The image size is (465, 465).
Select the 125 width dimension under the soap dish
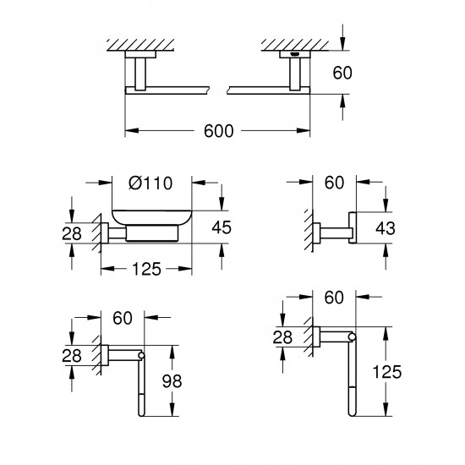pos(146,268)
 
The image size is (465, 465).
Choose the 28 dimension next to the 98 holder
pos(72,356)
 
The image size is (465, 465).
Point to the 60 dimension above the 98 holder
pos(123,320)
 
